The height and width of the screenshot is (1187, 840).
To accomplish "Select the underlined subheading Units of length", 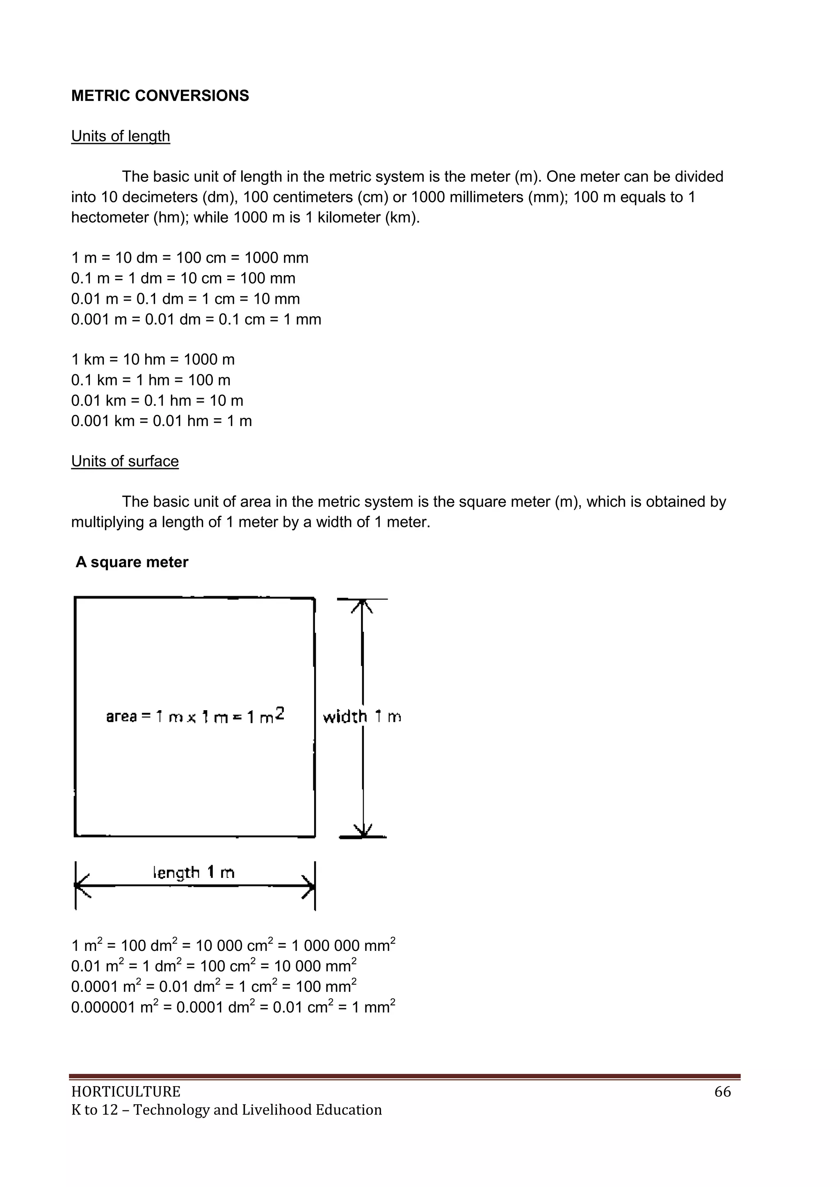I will (x=121, y=136).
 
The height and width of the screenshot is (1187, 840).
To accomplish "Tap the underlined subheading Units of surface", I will (x=125, y=461).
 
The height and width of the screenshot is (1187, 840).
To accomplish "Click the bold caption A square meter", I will (x=132, y=562).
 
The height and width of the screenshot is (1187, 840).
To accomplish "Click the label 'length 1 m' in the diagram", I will (x=194, y=873).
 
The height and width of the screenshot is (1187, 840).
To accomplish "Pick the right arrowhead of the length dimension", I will (x=309, y=886).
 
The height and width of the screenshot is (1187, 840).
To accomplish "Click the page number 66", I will (x=722, y=1092).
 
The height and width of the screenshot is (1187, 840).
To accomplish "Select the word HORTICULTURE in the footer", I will (x=126, y=1092).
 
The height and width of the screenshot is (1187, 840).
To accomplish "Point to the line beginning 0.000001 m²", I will (x=233, y=1007).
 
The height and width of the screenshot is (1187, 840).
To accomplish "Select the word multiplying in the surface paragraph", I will (x=107, y=522).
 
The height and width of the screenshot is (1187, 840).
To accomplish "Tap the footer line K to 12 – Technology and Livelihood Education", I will (x=226, y=1110).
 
